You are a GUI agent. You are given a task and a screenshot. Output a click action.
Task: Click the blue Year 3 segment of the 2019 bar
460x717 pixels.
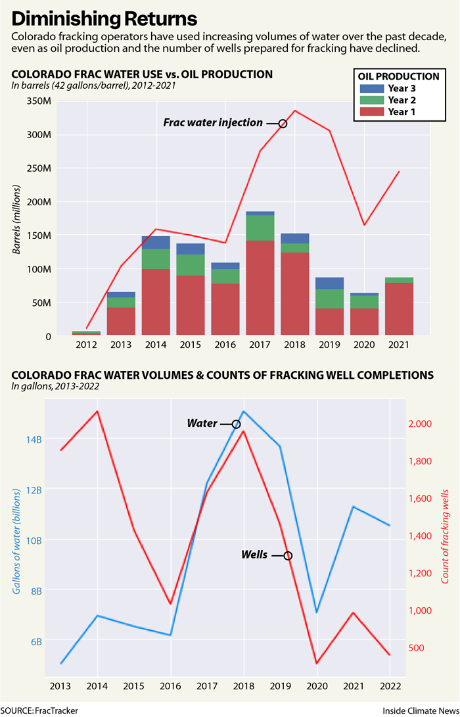click(x=329, y=284)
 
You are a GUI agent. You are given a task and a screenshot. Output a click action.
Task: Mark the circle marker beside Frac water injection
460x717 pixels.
click(x=283, y=123)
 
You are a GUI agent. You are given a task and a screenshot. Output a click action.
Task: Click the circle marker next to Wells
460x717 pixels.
click(x=287, y=556)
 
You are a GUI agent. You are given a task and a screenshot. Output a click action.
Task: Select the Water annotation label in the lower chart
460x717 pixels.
click(x=202, y=424)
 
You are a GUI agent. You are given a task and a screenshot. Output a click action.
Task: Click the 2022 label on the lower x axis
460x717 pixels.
click(x=390, y=685)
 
